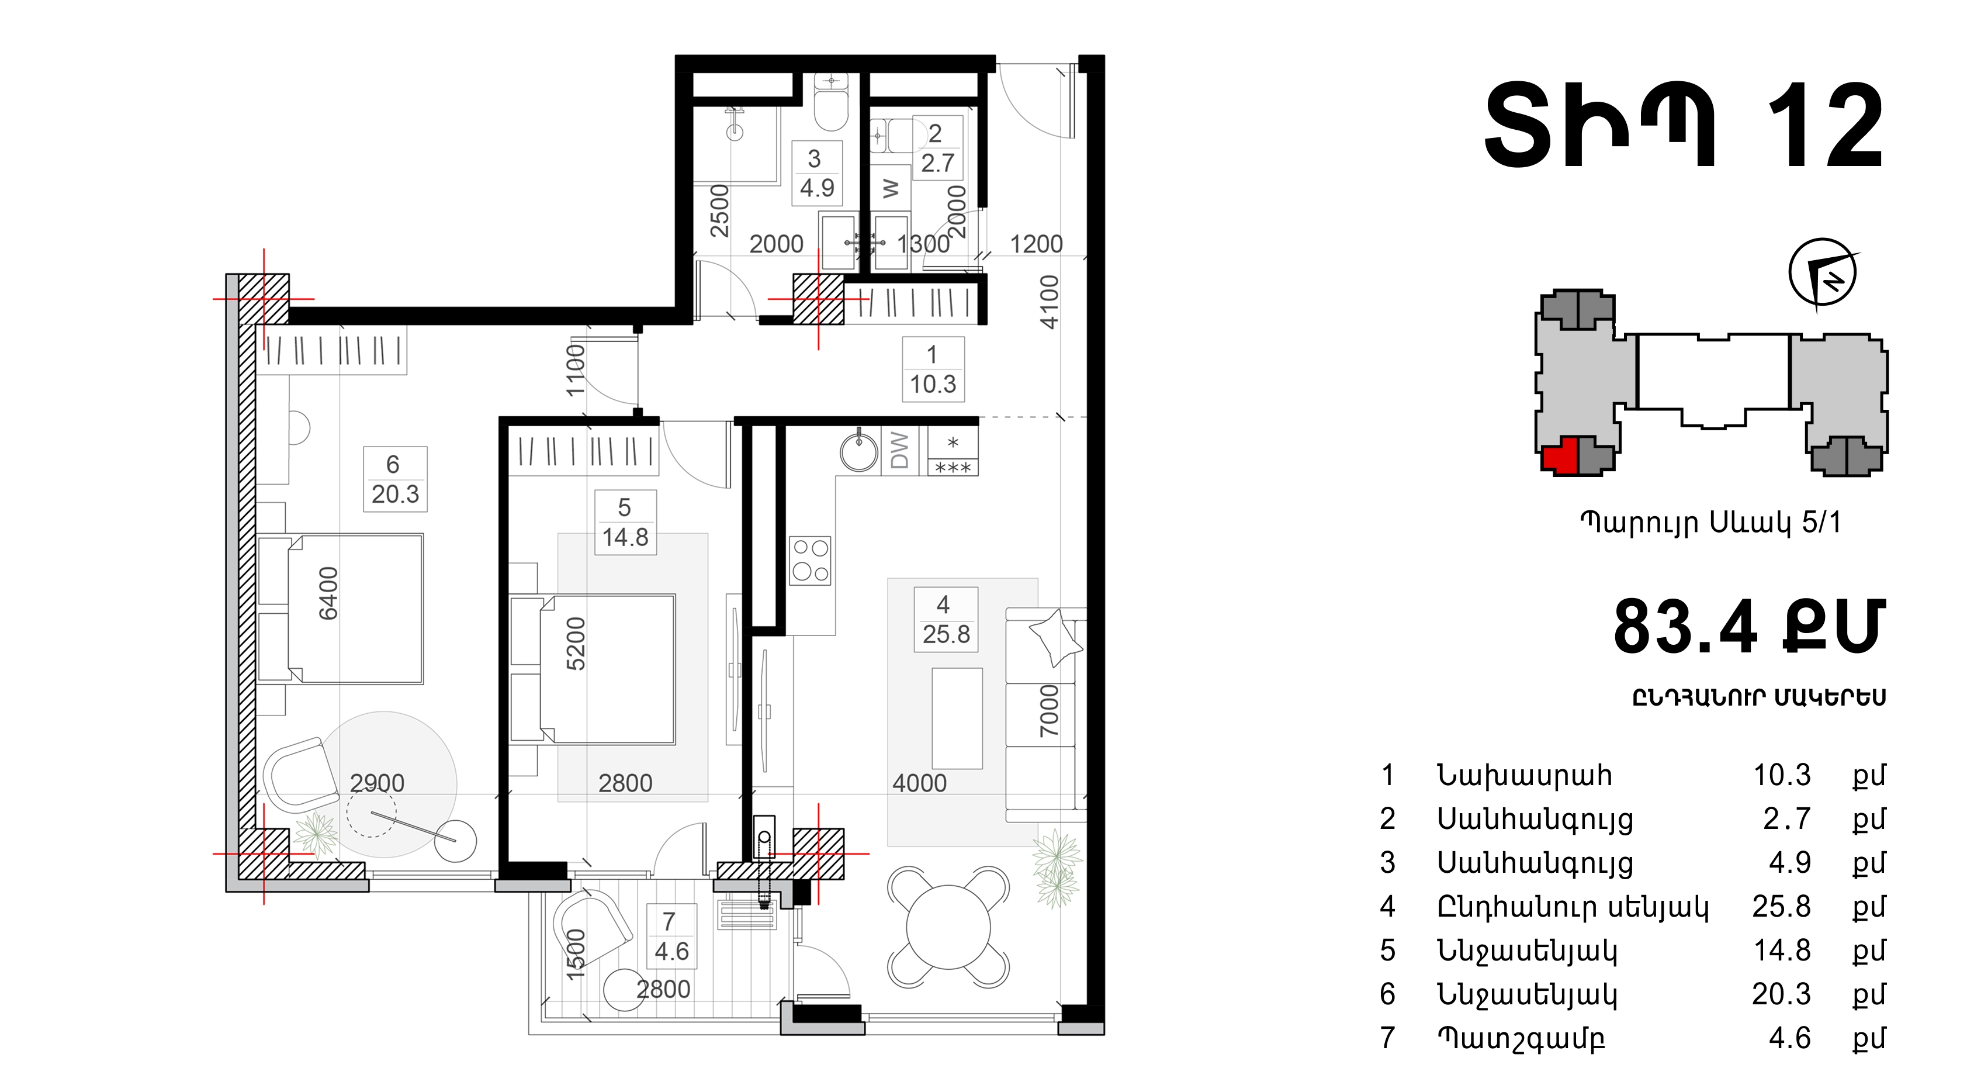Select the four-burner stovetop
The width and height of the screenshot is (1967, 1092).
tap(810, 561)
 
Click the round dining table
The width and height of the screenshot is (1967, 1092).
tap(948, 927)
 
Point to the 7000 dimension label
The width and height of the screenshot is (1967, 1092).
tap(1049, 711)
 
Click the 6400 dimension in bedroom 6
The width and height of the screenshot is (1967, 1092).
tap(328, 593)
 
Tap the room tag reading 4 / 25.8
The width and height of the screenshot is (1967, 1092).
tap(946, 619)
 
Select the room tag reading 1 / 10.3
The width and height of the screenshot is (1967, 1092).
tap(933, 369)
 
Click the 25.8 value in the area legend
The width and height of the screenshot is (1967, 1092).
tap(1781, 907)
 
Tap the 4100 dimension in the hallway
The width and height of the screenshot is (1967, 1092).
tap(1050, 302)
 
